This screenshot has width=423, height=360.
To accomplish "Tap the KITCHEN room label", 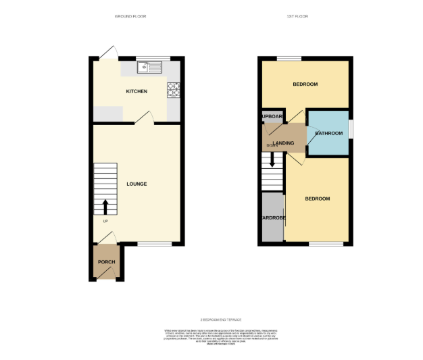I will pyautogui.click(x=136, y=91).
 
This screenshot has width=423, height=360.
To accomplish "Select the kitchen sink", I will pyautogui.click(x=149, y=67).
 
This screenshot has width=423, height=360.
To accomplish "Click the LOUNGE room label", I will pyautogui.click(x=136, y=184).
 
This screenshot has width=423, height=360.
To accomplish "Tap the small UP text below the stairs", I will pyautogui.click(x=105, y=222).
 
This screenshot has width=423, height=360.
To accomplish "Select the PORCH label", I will pyautogui.click(x=106, y=262).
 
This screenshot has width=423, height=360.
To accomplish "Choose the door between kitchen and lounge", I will pyautogui.click(x=143, y=119).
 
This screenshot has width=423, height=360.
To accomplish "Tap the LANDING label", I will pyautogui.click(x=282, y=142).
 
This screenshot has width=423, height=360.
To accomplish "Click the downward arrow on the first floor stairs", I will pyautogui.click(x=272, y=161).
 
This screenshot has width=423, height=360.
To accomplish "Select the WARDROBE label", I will pyautogui.click(x=273, y=218).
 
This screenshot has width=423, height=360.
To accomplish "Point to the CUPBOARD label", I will pyautogui.click(x=272, y=116).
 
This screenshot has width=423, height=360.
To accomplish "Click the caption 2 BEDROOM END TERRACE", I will pyautogui.click(x=221, y=319).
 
